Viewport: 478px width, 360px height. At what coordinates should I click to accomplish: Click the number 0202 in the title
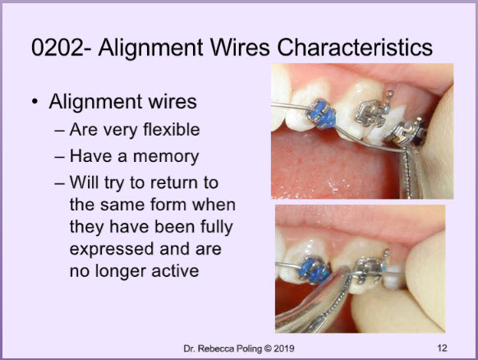(57, 48)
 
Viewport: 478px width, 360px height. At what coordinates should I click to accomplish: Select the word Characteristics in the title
(355, 48)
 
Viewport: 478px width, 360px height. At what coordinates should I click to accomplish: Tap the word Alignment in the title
(150, 48)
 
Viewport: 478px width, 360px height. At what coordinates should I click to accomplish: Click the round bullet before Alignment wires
(35, 102)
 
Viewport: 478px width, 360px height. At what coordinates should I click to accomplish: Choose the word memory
(166, 157)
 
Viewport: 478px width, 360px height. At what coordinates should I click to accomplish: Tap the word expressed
(112, 250)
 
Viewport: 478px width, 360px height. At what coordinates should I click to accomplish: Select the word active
(175, 271)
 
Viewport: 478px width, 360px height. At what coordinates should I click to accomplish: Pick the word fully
(217, 228)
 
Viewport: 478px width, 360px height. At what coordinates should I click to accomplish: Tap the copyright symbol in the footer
(268, 348)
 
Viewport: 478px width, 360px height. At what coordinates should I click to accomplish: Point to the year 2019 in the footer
(284, 348)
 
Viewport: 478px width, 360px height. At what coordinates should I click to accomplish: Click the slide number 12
(442, 348)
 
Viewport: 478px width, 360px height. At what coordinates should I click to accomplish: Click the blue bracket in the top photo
(321, 113)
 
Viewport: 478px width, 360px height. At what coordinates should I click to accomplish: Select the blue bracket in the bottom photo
(314, 270)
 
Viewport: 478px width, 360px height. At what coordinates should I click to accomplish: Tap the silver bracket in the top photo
(372, 113)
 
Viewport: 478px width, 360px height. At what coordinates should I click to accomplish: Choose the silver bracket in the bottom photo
(370, 270)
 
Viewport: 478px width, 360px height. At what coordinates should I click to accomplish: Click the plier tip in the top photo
(405, 150)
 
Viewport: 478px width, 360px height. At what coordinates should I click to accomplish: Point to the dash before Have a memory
(59, 157)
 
